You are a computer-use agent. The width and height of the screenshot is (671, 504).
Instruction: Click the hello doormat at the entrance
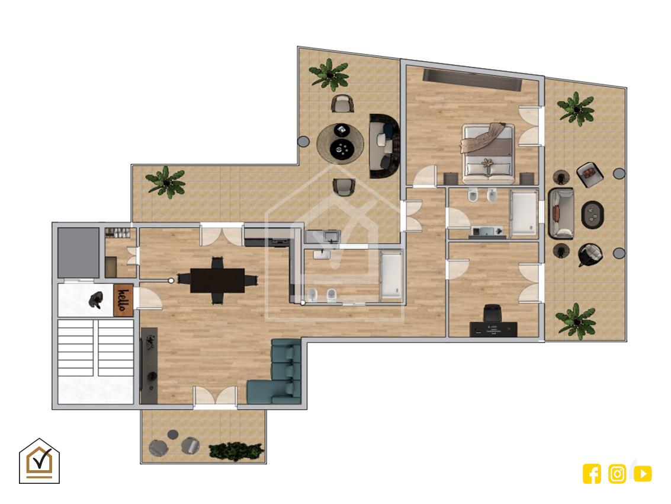pos(123,300)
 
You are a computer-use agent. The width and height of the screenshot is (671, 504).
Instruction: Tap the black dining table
pos(217,280)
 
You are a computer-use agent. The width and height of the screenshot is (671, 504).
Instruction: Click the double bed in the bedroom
pos(488,150)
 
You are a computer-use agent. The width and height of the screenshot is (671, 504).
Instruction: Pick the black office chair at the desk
pos(492,313)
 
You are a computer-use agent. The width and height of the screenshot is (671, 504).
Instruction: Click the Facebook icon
pos(592,474)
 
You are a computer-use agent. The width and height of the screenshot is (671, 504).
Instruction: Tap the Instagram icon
pos(617,474)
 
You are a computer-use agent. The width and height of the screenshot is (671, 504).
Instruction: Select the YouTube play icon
pos(643,474)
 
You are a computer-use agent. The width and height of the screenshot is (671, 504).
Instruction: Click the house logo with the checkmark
pos(39,461)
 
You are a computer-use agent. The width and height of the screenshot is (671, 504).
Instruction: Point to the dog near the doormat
pos(97,300)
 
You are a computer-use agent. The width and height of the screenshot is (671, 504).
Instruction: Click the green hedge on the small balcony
pos(236,452)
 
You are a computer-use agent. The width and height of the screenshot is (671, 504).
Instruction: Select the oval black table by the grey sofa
pos(593,214)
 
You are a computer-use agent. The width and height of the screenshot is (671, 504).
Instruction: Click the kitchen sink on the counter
pos(332,236)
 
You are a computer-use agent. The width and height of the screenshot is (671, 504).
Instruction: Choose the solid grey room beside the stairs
pos(78,253)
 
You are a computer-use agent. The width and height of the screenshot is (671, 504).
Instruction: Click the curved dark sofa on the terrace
pos(384,146)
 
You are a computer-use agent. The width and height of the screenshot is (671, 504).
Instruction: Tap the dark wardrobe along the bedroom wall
pos(473,80)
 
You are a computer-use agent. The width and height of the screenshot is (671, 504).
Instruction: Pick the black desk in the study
pos(493,329)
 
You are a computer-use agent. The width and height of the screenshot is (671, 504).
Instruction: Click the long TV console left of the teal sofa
pos(149,366)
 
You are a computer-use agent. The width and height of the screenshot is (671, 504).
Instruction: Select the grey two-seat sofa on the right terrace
pos(561,213)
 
